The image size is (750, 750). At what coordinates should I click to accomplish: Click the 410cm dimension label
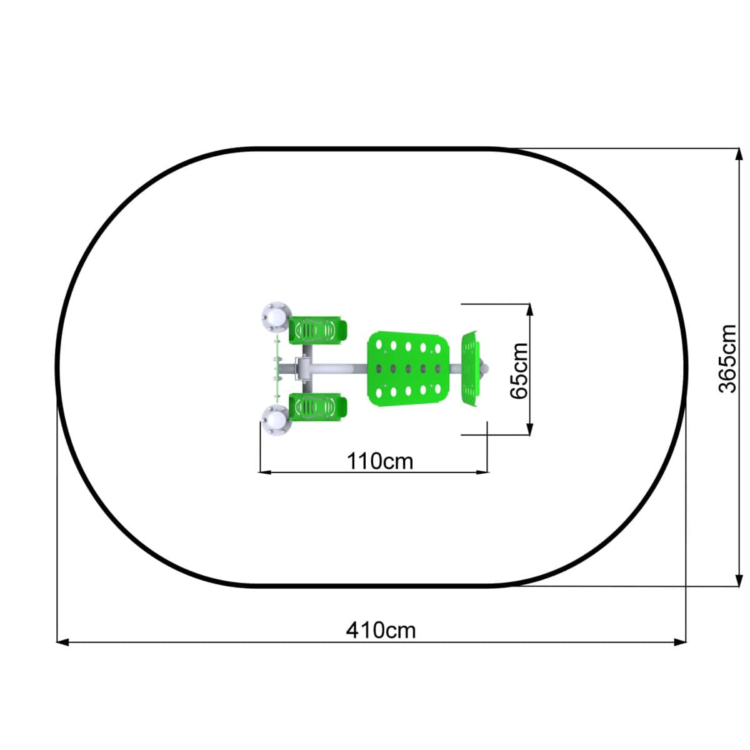381,630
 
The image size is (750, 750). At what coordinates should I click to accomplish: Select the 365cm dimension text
727,359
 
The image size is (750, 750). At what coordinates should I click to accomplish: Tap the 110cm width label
380,461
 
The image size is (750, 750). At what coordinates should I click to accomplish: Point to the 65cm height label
519,371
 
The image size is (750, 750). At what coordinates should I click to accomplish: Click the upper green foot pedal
317,331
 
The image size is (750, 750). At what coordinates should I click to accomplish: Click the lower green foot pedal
317,407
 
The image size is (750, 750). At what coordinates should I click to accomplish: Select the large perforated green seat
408,369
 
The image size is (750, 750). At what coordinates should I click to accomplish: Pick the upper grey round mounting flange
277,317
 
